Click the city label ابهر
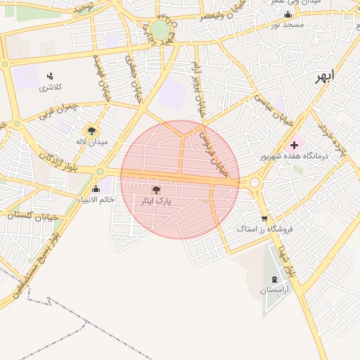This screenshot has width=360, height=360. (x=325, y=75)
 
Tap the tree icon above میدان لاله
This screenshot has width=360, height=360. (x=91, y=130)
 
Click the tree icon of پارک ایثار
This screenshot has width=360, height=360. (x=156, y=190)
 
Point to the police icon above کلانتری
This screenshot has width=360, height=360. (x=50, y=76)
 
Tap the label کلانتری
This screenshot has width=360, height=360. (x=50, y=87)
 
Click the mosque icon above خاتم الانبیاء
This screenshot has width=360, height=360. (x=96, y=188)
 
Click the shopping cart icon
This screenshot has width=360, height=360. (x=264, y=219)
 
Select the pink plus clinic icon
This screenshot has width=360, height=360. (x=294, y=144)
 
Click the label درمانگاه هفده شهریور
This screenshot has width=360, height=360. (x=293, y=155)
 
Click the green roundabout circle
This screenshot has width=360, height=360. (x=160, y=30)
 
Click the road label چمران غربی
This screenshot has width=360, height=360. (x=56, y=110)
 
